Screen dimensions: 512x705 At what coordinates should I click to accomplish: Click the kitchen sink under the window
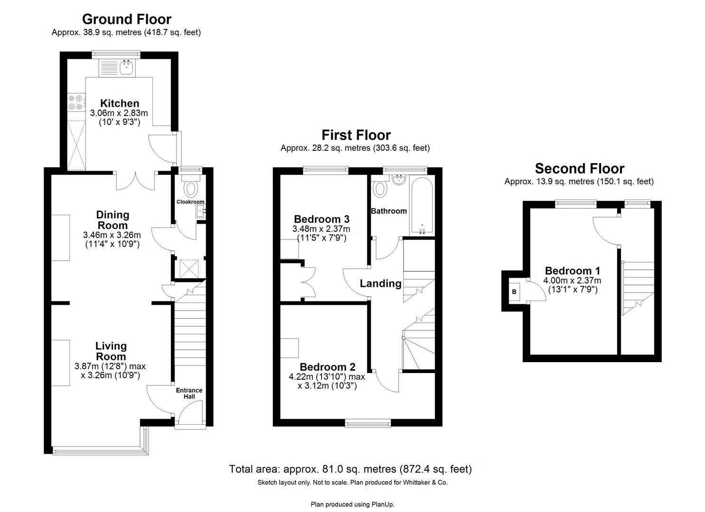pyautogui.click(x=127, y=68)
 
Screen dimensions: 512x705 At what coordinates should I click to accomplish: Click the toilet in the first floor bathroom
pyautogui.click(x=380, y=189)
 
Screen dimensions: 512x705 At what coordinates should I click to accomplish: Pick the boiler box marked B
pyautogui.click(x=514, y=292)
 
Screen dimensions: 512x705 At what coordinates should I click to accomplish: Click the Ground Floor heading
pyautogui.click(x=126, y=19)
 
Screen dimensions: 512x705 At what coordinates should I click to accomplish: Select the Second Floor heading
pyautogui.click(x=579, y=168)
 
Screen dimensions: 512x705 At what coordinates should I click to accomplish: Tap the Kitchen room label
pyautogui.click(x=120, y=103)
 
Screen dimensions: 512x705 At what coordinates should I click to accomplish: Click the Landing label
pyautogui.click(x=380, y=283)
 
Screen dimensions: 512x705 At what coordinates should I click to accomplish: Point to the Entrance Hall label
pyautogui.click(x=189, y=393)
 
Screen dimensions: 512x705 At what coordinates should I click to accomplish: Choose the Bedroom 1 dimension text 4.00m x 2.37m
pyautogui.click(x=572, y=281)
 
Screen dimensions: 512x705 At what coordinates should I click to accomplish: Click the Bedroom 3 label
pyautogui.click(x=321, y=219)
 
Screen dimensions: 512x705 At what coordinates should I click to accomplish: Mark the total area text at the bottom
pyautogui.click(x=350, y=469)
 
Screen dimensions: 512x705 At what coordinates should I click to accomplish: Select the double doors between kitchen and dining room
pyautogui.click(x=135, y=180)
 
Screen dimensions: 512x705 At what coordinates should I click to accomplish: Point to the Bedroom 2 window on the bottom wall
pyautogui.click(x=368, y=423)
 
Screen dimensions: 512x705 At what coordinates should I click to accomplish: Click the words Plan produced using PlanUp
pyautogui.click(x=352, y=504)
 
